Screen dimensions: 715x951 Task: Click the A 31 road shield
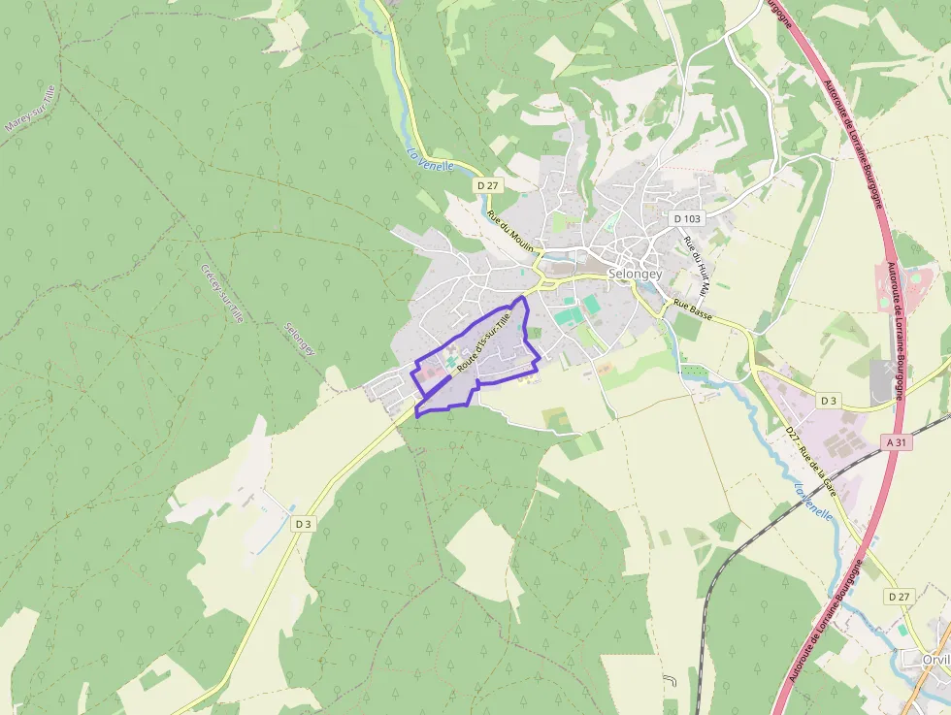898,441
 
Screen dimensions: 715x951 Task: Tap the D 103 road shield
687,218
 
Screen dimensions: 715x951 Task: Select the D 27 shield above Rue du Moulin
487,184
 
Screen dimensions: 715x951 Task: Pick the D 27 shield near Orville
900,597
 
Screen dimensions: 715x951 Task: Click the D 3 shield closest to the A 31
828,400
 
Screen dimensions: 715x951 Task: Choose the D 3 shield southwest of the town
303,524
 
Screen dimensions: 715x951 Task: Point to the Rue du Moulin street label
510,232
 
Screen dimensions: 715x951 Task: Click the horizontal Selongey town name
635,275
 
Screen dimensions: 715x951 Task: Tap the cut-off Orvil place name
935,659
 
